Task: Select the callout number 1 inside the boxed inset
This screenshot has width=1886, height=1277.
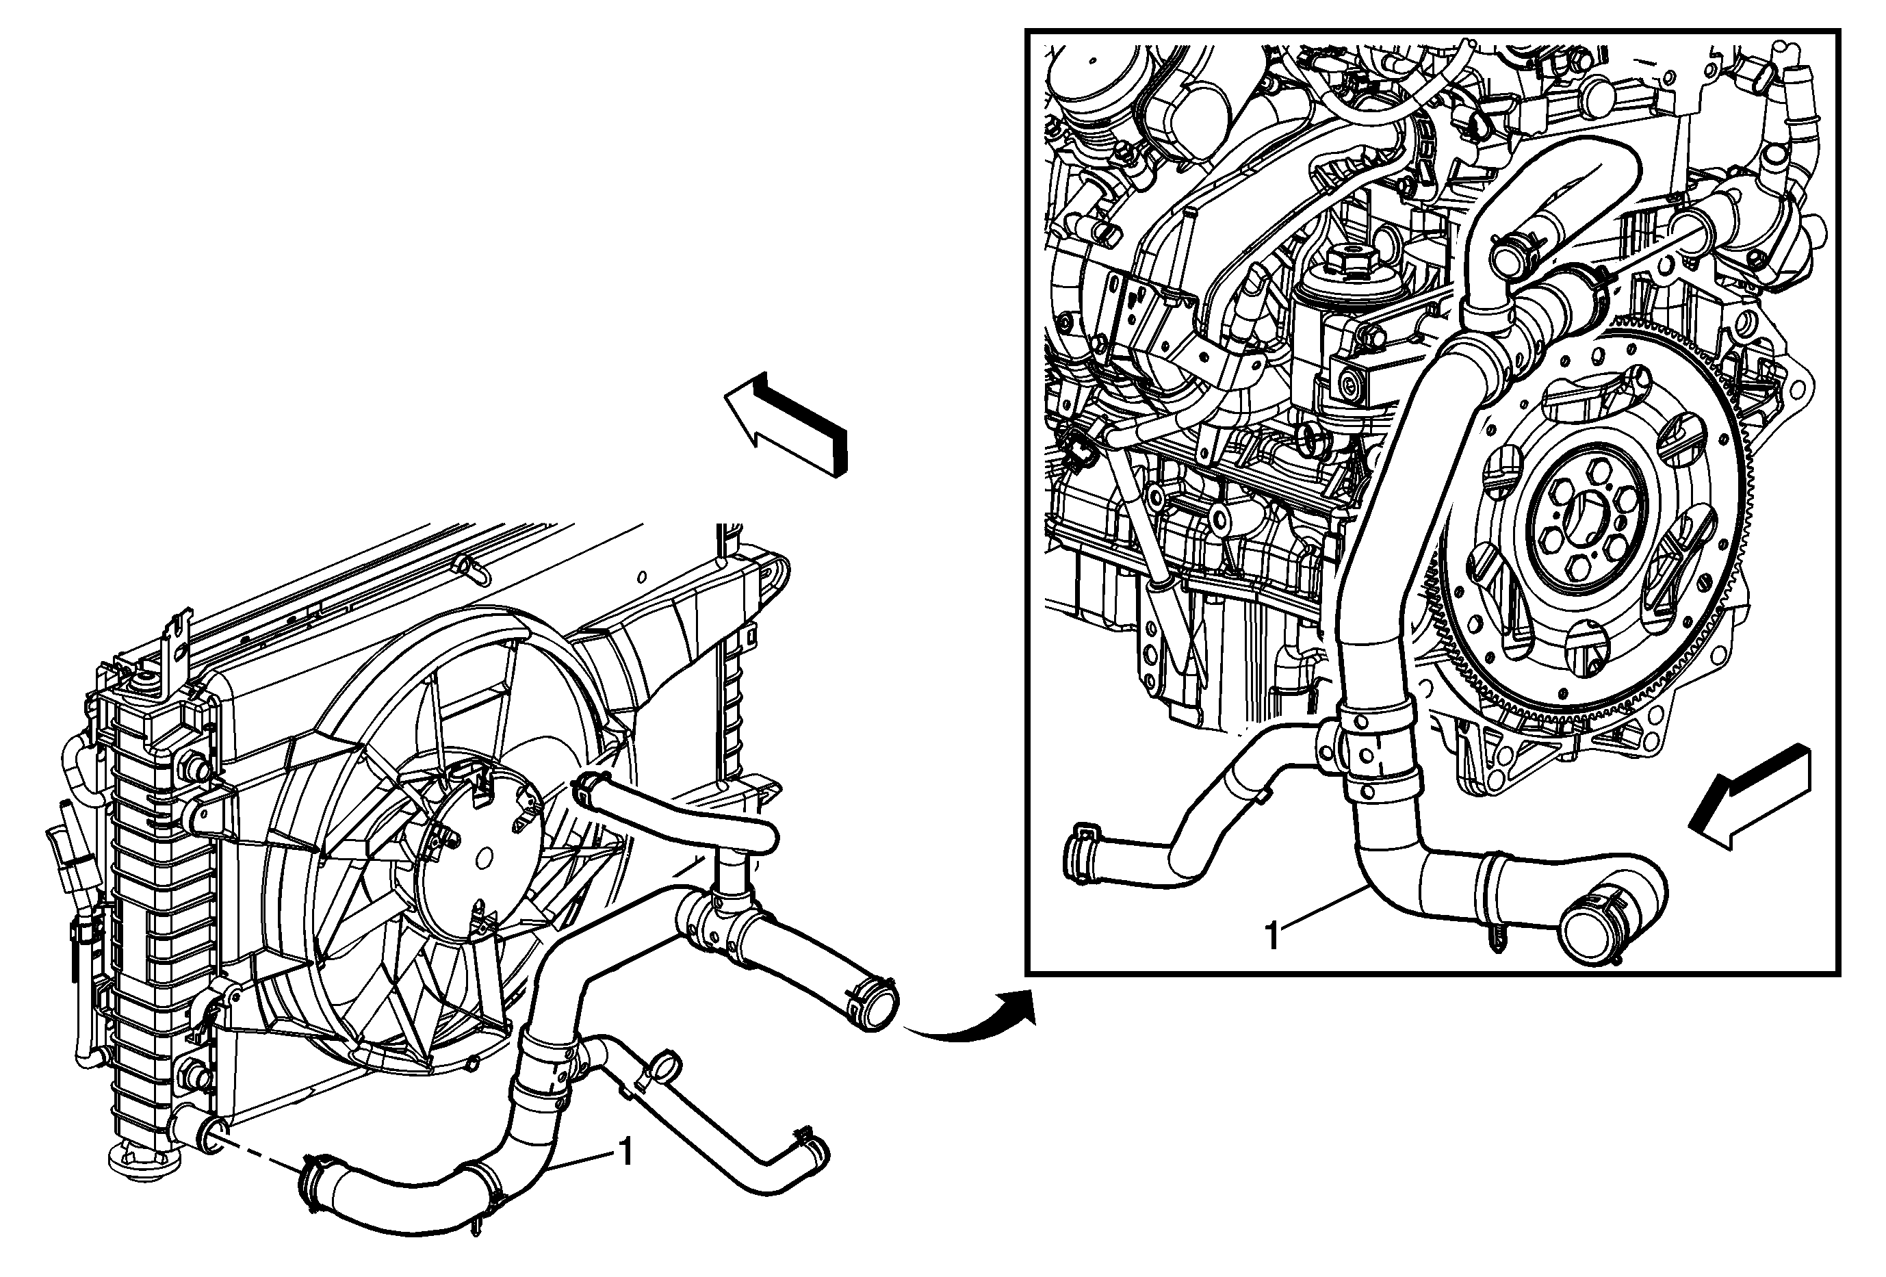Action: pos(1272,936)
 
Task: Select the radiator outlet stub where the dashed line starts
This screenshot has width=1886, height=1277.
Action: pos(203,1131)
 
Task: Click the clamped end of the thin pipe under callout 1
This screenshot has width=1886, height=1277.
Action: pos(809,1148)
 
